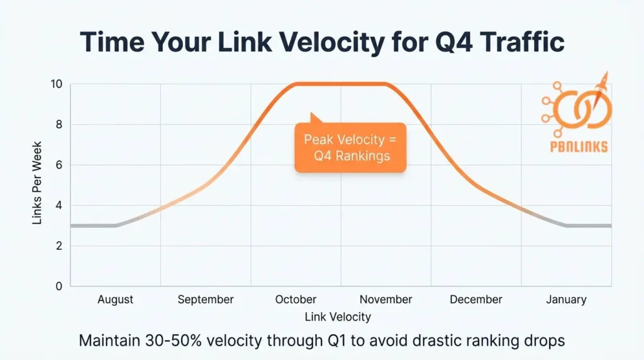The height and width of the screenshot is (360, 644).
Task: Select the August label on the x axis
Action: [x=116, y=300]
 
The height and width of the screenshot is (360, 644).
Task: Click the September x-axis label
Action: [x=206, y=300]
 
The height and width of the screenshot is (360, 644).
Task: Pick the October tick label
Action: [x=296, y=300]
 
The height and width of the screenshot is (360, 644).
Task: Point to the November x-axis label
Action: [x=386, y=300]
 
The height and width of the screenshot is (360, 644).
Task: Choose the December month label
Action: [x=476, y=300]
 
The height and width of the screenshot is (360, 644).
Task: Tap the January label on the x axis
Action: [x=566, y=300]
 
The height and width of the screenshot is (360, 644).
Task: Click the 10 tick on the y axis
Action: [x=57, y=84]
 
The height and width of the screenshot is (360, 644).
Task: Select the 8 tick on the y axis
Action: [x=59, y=125]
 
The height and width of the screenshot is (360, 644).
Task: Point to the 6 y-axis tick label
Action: [x=59, y=165]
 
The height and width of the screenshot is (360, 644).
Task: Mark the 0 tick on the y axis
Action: [x=59, y=286]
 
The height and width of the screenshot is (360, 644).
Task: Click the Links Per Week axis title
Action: [x=36, y=185]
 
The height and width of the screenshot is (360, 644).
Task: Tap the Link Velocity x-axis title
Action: [x=338, y=317]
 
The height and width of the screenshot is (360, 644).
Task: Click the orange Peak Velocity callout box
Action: [x=350, y=147]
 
